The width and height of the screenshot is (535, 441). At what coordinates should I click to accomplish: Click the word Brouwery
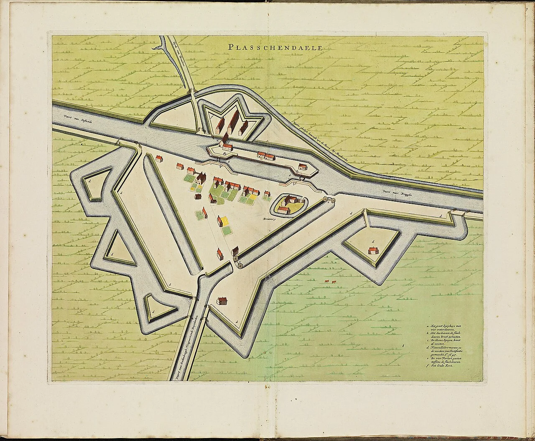[267, 218]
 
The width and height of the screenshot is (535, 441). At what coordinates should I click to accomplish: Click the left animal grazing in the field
[326, 282]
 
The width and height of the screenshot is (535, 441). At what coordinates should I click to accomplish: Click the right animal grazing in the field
[334, 282]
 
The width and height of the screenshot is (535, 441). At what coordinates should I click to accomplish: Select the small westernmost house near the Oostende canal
[159, 158]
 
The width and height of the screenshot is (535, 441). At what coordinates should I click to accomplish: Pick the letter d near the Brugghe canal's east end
[441, 215]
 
